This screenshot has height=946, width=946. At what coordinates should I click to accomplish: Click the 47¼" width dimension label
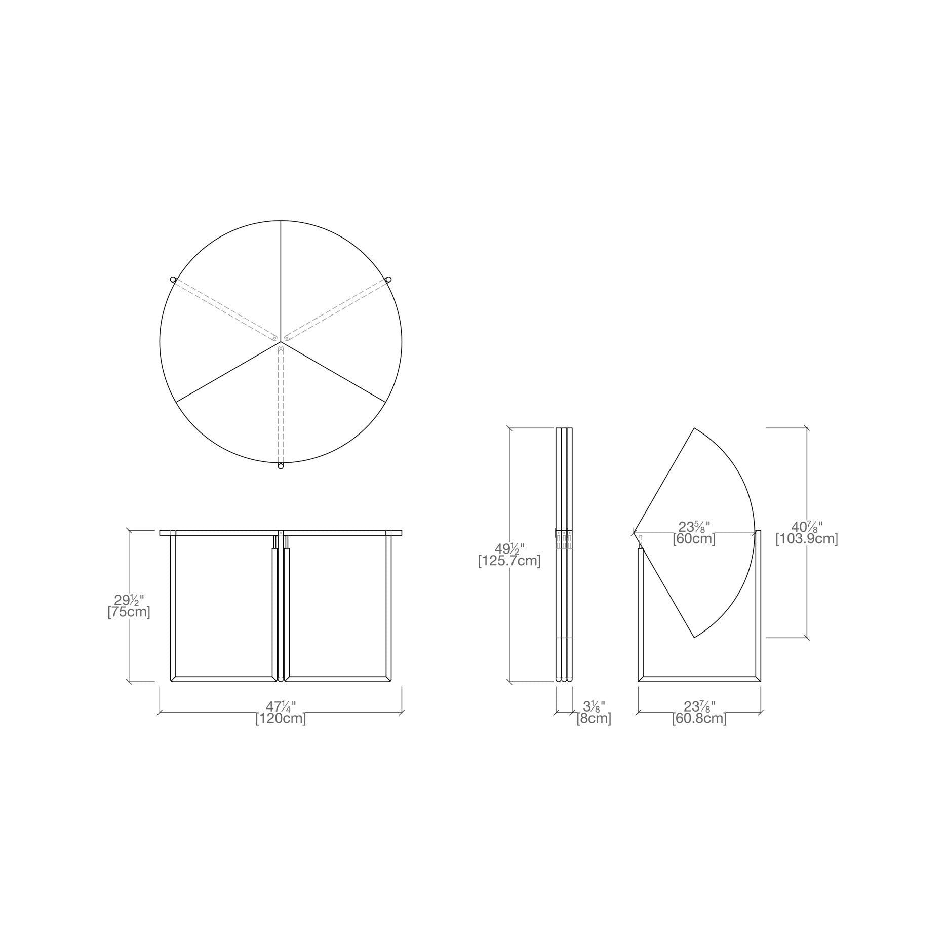[281, 707]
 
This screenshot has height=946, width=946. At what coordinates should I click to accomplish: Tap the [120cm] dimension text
[281, 719]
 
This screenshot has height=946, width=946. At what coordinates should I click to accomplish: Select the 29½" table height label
[129, 601]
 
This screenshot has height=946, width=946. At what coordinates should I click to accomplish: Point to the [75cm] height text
[129, 612]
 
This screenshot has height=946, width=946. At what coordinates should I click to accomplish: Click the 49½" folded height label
[509, 549]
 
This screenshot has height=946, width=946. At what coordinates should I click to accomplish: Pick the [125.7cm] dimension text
[509, 561]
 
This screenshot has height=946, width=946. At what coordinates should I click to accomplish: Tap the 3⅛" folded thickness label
[594, 706]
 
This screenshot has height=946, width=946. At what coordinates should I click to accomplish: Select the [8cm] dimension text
[594, 718]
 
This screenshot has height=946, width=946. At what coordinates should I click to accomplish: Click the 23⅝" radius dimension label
[694, 527]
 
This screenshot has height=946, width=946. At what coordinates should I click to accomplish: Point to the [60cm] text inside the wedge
[694, 539]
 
